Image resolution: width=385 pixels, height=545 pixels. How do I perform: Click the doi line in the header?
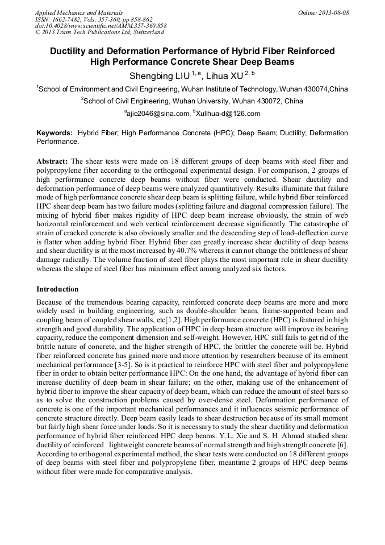point(101,26)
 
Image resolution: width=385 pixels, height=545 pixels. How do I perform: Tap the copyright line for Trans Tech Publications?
point(99,32)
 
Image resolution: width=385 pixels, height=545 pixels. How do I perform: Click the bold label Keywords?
point(55,133)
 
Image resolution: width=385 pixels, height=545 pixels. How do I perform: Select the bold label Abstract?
point(52,161)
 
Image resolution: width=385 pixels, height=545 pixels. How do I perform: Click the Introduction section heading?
point(57,289)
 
